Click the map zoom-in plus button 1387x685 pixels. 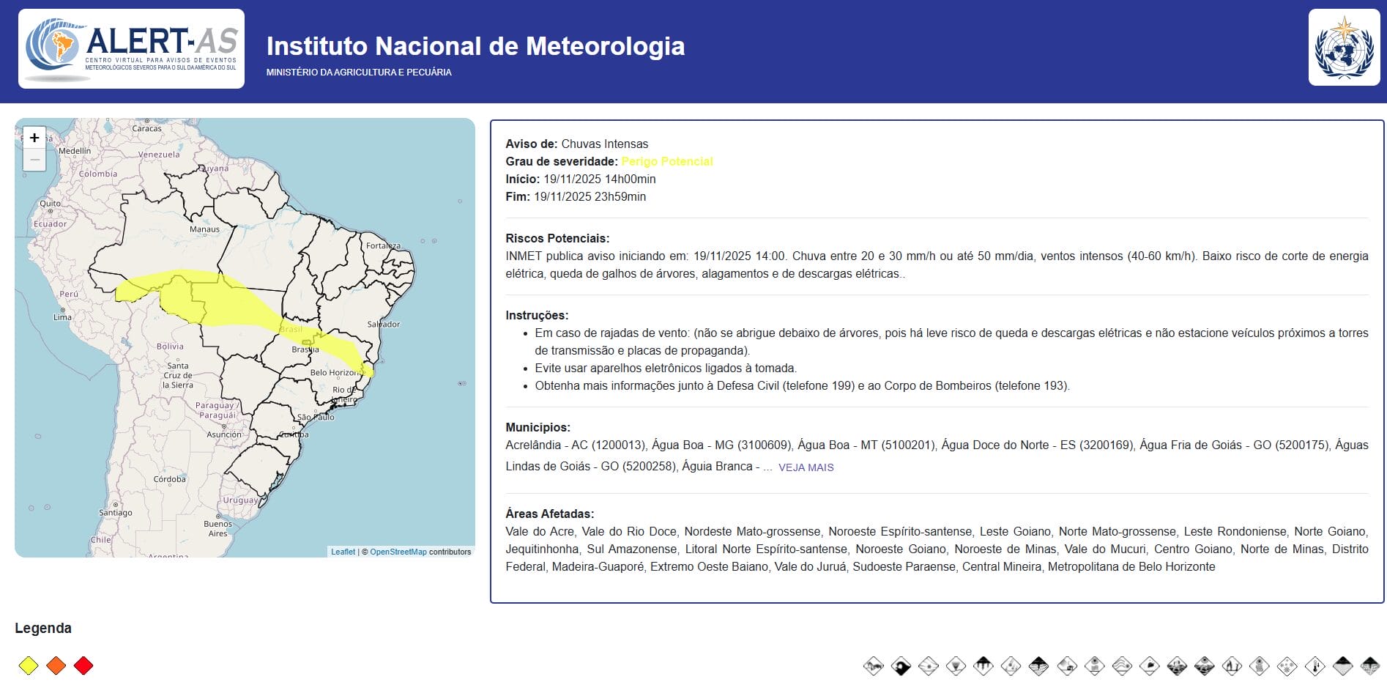tap(34, 138)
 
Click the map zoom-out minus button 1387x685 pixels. tap(34, 160)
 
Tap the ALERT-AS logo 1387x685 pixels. tap(131, 49)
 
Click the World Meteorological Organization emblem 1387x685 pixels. tap(1344, 48)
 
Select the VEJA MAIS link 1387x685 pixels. tap(806, 467)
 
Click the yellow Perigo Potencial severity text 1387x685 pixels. tap(666, 161)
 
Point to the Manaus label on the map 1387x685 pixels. tap(204, 229)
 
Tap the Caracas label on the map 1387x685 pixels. tap(146, 128)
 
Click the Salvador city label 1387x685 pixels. tap(384, 324)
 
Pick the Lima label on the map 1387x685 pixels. tap(62, 317)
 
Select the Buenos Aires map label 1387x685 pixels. tap(217, 528)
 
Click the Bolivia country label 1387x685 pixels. tap(170, 347)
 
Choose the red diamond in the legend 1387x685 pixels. tap(83, 665)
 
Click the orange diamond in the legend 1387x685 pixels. tap(56, 665)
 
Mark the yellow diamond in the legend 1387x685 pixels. tap(28, 665)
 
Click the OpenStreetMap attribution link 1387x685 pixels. tap(398, 552)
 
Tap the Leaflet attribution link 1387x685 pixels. tap(343, 552)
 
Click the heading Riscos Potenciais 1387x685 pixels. tap(557, 238)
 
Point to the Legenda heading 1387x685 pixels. tap(43, 628)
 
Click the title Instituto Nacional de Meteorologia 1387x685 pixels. tap(475, 46)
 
